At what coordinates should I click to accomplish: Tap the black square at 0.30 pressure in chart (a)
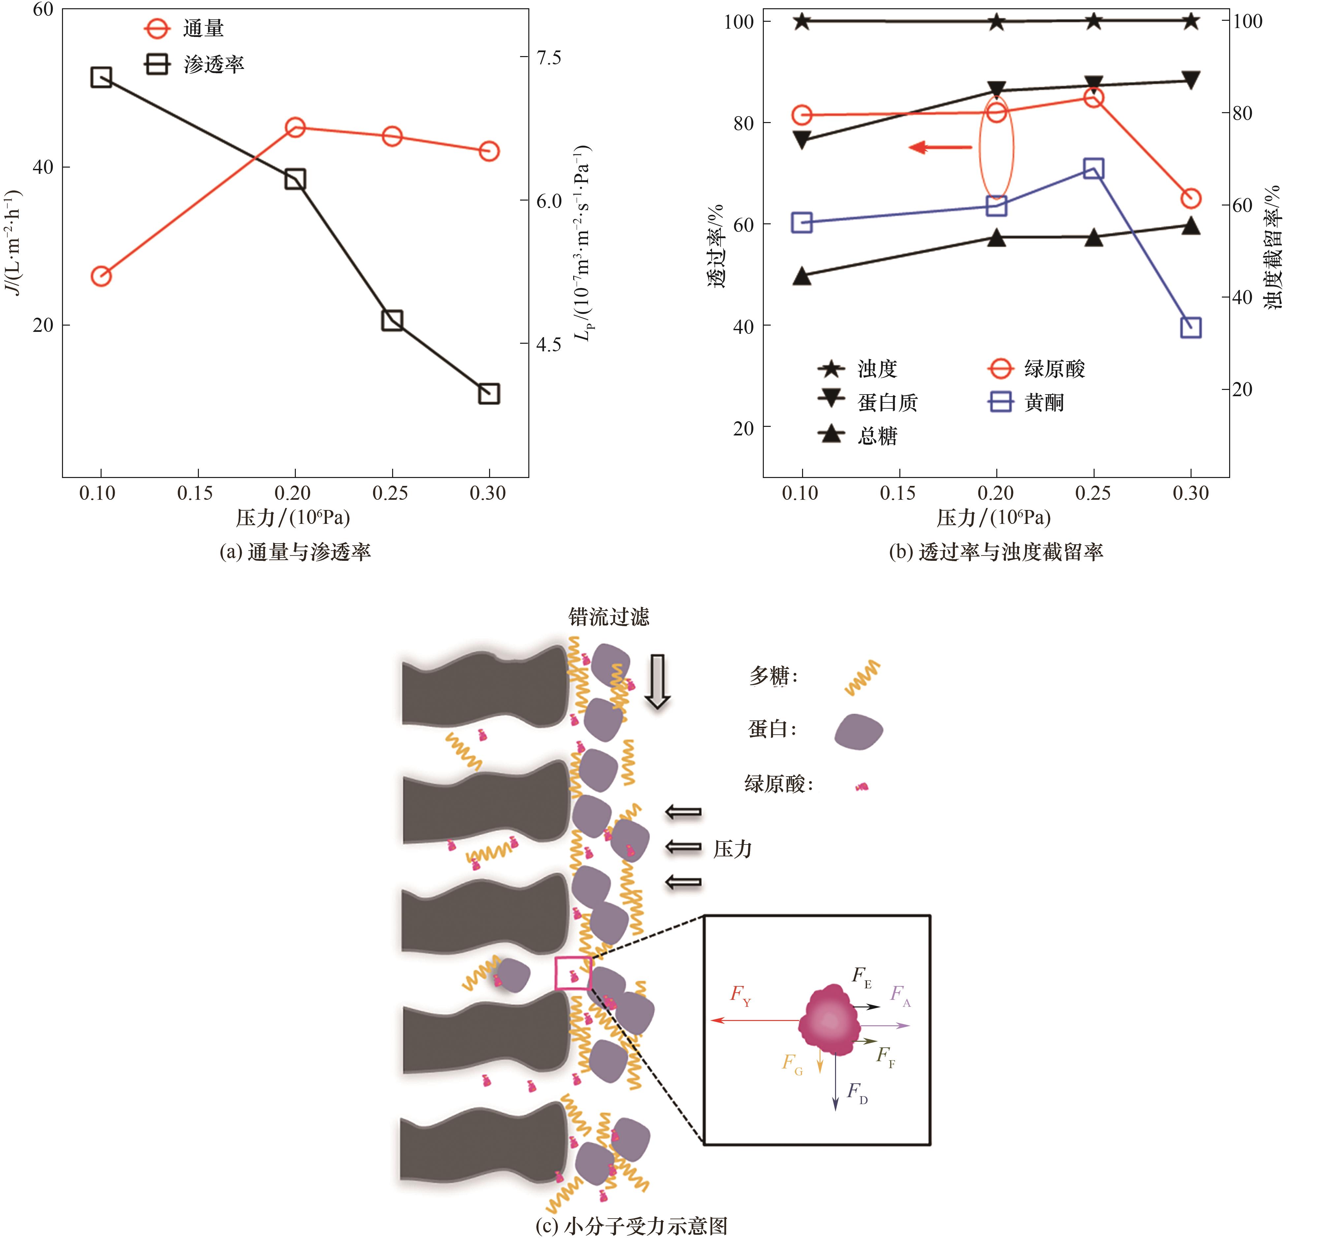coord(489,394)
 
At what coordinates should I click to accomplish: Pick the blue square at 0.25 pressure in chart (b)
coord(1094,169)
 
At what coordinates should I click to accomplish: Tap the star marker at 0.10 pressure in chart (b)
coord(802,21)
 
